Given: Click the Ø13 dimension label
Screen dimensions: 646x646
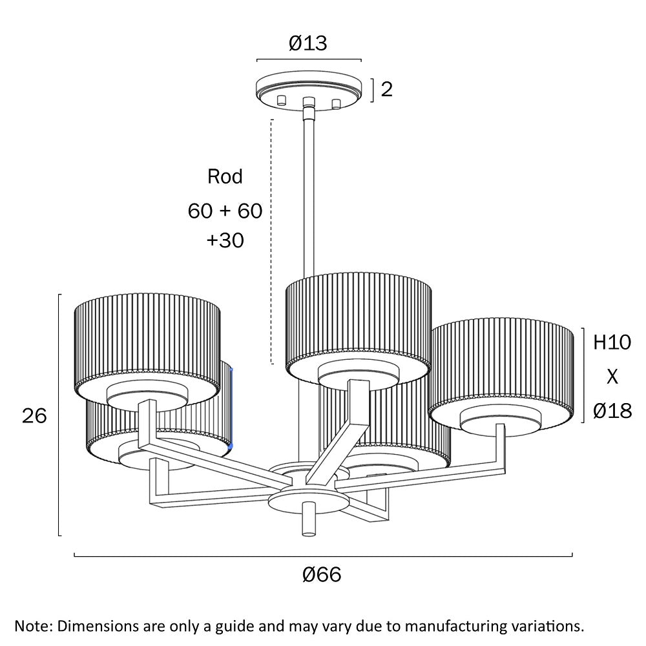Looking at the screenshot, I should (x=308, y=43).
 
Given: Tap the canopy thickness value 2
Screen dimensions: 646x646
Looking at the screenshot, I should (x=386, y=89).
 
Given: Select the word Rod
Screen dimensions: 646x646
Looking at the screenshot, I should (x=225, y=176).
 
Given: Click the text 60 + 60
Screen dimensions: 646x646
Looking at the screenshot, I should (x=225, y=211).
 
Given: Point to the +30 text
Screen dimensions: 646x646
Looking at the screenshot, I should (x=225, y=240).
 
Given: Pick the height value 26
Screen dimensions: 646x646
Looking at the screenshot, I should (x=34, y=416).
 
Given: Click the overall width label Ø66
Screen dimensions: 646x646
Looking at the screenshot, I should (x=321, y=574).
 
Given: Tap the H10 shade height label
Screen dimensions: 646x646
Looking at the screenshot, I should (x=611, y=342).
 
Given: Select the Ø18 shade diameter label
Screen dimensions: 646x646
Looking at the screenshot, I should (x=611, y=410).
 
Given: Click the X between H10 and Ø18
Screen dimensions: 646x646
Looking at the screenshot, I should (x=611, y=377).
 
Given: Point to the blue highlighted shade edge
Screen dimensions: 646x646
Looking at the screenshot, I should (x=231, y=407).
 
